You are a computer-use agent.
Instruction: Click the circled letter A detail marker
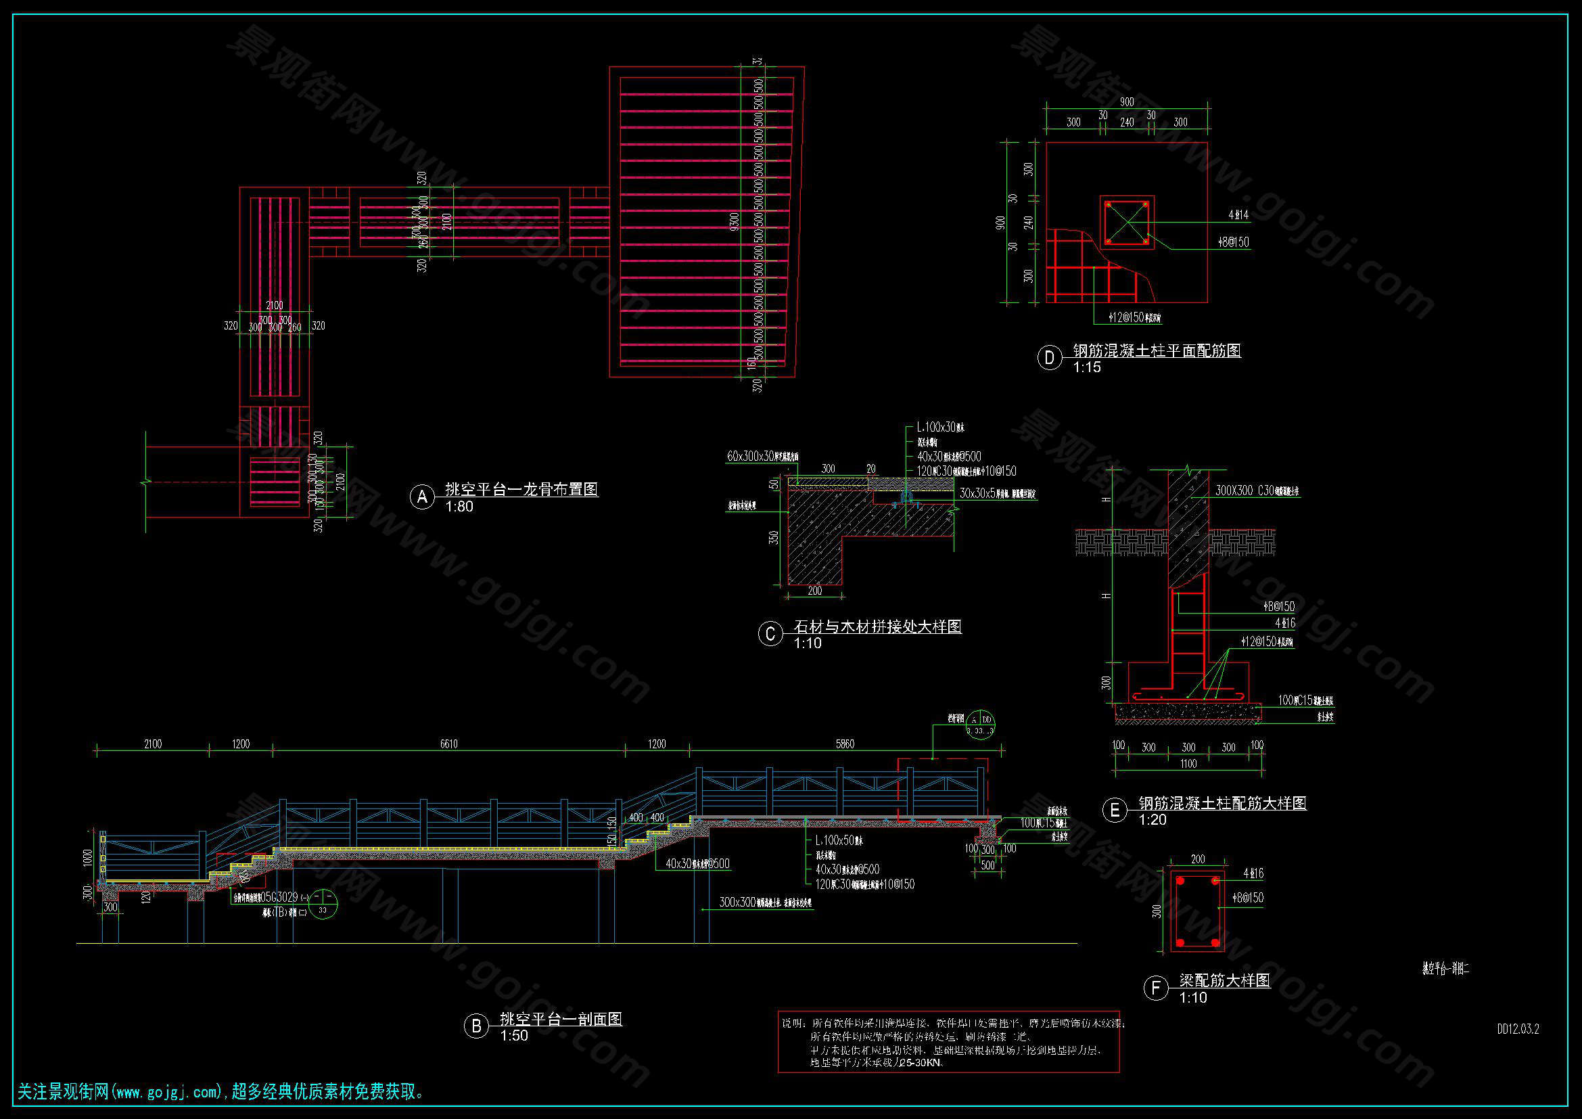point(422,497)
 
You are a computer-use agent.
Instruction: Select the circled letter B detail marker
point(476,1026)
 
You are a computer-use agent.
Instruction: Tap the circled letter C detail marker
point(770,634)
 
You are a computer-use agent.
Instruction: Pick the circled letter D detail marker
point(1050,359)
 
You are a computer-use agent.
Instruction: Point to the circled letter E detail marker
point(1115,810)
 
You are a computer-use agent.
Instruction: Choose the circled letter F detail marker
point(1155,988)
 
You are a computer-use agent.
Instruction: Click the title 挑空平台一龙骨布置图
point(521,489)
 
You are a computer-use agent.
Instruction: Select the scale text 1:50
point(514,1036)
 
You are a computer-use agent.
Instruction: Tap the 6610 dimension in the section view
point(448,744)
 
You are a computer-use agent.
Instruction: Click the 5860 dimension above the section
point(845,744)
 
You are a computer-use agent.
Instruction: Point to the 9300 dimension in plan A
point(735,221)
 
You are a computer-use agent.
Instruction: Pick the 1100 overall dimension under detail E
point(1188,763)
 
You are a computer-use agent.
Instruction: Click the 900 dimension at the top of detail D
point(1127,102)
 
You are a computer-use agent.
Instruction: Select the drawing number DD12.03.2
point(1518,1030)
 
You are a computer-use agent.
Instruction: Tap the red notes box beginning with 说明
point(949,1042)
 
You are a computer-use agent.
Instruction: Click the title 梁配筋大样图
point(1224,980)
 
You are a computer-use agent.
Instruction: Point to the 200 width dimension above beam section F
point(1199,859)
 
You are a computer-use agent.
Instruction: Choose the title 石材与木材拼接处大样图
point(877,626)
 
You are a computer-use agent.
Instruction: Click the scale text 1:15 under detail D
point(1088,367)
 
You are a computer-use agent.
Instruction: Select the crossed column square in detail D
point(1127,223)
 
